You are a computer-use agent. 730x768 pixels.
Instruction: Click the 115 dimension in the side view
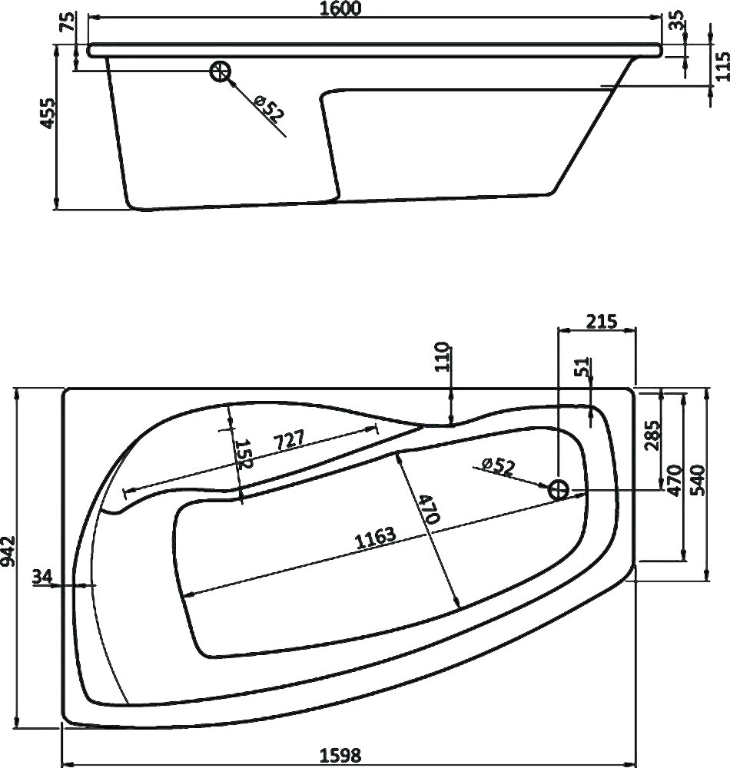(x=721, y=71)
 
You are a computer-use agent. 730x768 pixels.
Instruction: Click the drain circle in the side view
(x=221, y=71)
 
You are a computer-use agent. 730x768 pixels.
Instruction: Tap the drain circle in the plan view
(x=559, y=488)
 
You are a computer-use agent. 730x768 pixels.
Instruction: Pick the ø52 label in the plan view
(x=496, y=467)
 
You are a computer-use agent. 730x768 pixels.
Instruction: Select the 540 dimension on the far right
(x=696, y=482)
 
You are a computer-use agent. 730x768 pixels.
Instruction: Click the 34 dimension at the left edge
(x=44, y=577)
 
